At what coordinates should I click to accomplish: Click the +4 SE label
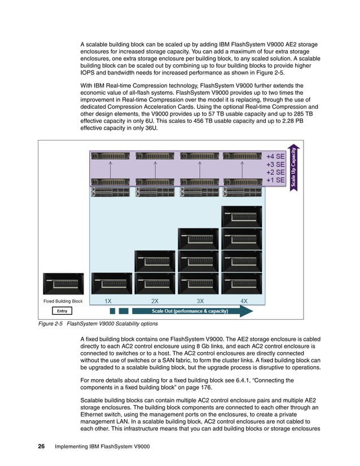coord(275,156)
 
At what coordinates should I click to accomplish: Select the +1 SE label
coord(275,180)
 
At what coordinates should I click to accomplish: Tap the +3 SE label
coord(275,164)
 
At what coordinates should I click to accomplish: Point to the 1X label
coord(108,301)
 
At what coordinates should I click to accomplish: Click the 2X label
coord(155,301)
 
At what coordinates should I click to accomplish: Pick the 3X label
coord(200,301)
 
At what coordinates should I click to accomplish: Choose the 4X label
coord(244,301)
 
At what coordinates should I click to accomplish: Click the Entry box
coord(62,311)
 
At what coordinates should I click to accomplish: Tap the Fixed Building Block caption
coord(63,301)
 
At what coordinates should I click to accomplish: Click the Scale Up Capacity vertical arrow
coord(293,168)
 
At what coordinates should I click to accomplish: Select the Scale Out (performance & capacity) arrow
coord(189,311)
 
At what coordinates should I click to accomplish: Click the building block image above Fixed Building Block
coord(63,283)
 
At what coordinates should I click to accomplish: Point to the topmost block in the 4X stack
coord(242,217)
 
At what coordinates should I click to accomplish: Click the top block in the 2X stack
coord(155,261)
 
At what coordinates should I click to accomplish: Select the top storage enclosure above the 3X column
coord(199,155)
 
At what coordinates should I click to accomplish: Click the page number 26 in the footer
coord(41,447)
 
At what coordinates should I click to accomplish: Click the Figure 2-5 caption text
coord(98,324)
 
